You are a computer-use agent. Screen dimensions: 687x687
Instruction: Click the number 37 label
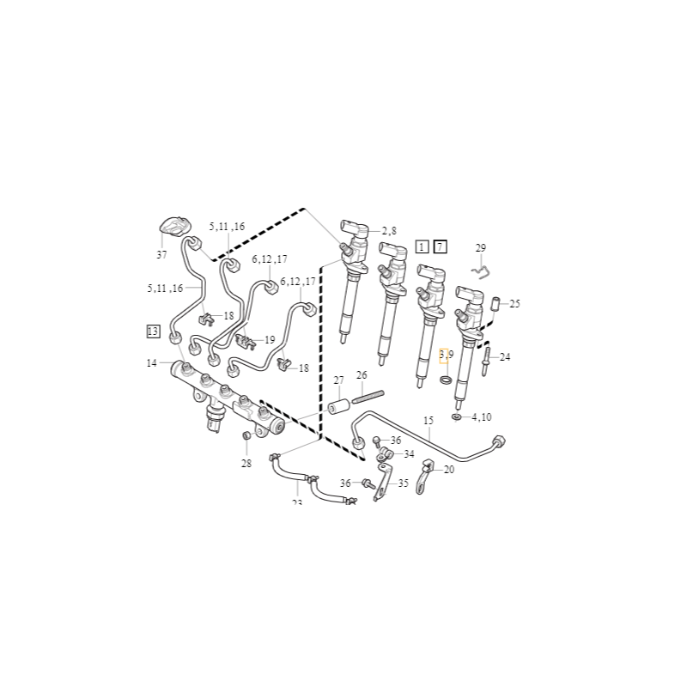point(161,255)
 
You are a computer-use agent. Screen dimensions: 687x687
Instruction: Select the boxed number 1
point(422,247)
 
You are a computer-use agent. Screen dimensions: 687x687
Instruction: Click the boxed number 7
point(440,247)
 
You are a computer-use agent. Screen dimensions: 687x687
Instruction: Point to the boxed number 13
point(153,331)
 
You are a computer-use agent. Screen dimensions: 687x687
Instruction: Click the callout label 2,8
point(389,231)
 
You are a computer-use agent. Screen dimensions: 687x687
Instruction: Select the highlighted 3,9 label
point(446,354)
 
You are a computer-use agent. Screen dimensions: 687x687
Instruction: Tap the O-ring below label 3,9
point(446,380)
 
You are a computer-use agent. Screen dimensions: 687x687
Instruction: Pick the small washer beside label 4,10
point(457,417)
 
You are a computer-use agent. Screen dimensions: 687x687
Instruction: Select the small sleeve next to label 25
point(495,304)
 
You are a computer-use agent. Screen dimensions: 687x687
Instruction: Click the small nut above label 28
point(246,437)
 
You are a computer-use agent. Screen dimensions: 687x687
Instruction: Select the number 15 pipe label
point(429,420)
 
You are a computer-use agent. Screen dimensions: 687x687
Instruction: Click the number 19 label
point(270,340)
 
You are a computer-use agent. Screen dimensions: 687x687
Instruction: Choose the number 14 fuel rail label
point(152,363)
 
